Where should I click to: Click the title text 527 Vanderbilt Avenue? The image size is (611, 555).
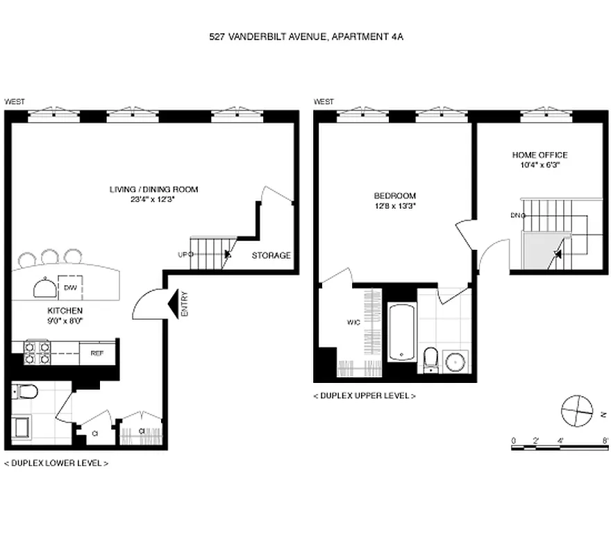305,37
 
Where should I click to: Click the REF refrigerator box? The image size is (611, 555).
97,352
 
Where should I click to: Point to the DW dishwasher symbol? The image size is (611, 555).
70,287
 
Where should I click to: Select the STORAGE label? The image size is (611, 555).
271,255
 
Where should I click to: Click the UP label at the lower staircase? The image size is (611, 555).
183,255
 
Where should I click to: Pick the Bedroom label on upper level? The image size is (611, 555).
394,200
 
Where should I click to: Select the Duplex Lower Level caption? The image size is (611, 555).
56,463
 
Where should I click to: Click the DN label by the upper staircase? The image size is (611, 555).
517,215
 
